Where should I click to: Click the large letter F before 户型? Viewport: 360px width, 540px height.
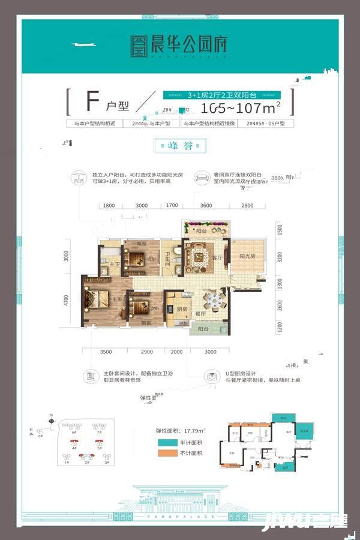92,102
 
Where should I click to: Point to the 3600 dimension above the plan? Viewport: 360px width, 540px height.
206,206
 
